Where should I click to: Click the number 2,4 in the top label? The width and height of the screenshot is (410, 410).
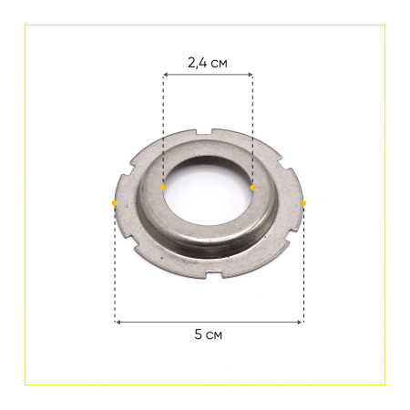[x=196, y=63]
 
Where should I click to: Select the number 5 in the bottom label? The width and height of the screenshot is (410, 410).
[x=199, y=334]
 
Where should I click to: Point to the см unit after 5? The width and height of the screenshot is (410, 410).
[x=214, y=334]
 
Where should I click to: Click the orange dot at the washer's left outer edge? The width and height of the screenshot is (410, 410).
[x=114, y=202]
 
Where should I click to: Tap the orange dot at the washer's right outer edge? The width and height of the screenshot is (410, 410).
[x=303, y=202]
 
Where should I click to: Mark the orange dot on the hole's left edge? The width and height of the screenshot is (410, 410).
[x=163, y=188]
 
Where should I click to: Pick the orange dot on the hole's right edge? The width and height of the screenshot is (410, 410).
[x=252, y=188]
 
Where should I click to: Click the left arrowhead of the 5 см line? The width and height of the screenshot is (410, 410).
[x=117, y=321]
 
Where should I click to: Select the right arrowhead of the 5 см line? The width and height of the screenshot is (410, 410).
[x=302, y=321]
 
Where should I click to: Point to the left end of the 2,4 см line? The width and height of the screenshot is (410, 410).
[x=164, y=77]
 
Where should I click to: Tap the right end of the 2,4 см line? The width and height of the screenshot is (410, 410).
[x=251, y=77]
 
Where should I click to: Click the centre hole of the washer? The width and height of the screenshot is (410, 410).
[x=208, y=191]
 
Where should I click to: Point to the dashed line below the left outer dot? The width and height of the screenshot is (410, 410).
[x=114, y=264]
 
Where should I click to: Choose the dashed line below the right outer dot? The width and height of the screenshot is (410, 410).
[x=303, y=264]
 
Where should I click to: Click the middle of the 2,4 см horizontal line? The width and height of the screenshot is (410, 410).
[x=208, y=77]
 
